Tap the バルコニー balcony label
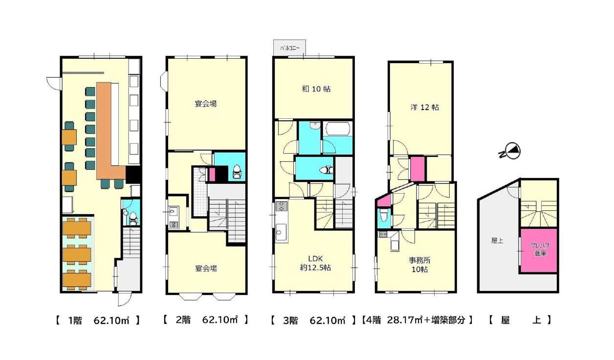coord(290,49)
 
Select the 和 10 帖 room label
coord(316,89)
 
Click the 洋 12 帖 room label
coord(425,107)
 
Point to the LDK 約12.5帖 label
coord(315,263)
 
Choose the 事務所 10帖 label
coord(419,265)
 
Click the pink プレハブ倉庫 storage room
coord(539,250)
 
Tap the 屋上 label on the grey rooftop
coord(497,241)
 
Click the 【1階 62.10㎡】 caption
coord(98,320)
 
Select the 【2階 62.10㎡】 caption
coord(206,320)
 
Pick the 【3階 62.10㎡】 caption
coord(313,320)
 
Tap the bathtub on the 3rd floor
coord(337,129)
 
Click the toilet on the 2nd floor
coord(236,172)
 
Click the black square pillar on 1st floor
coord(133,175)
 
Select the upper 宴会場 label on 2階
coord(206,104)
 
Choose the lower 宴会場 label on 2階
coord(206,268)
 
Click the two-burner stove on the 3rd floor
coord(282,206)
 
